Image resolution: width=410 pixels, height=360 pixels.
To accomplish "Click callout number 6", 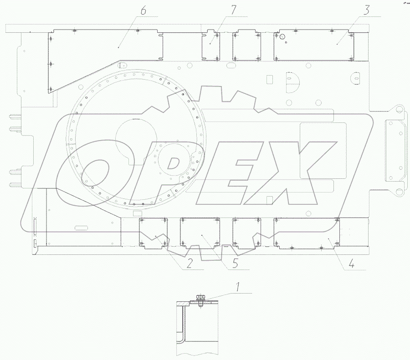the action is tap(143, 11).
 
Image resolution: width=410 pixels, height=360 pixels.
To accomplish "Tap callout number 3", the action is tap(367, 10).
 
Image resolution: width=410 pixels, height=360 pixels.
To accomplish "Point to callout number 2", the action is tap(189, 264).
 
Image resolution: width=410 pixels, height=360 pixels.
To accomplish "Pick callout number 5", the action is tap(235, 264).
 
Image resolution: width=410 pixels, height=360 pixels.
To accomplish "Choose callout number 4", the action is tap(351, 264).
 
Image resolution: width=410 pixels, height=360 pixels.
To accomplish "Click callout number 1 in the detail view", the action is tap(237, 287).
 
